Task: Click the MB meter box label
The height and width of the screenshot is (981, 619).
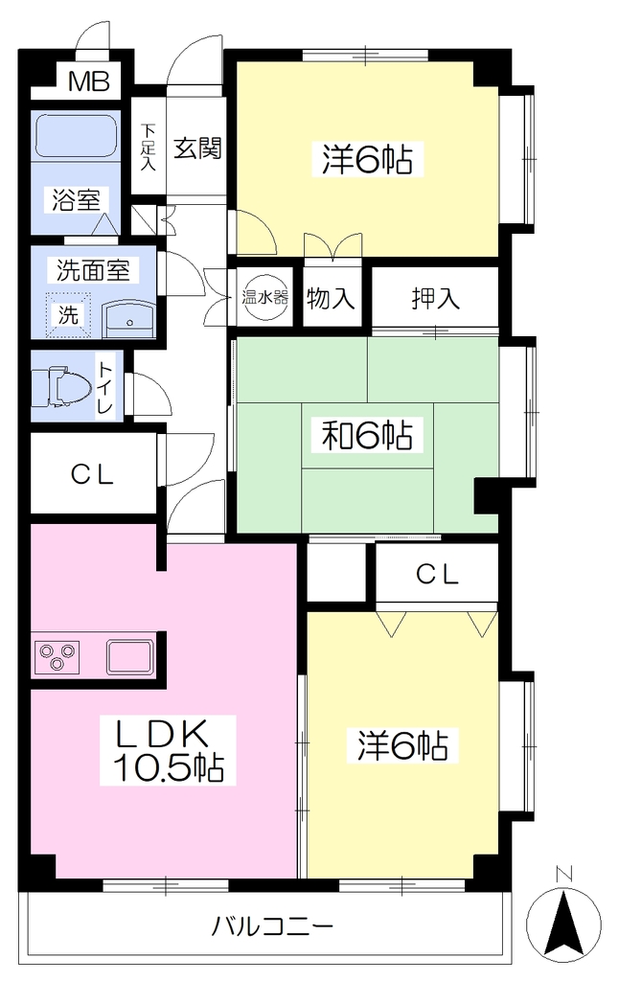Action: tap(89, 81)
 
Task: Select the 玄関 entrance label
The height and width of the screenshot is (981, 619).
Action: tap(197, 148)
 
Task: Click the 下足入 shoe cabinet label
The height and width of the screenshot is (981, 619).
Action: tap(149, 148)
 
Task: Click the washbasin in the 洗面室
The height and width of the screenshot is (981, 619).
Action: tap(129, 320)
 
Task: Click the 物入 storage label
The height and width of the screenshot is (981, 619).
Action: tap(332, 298)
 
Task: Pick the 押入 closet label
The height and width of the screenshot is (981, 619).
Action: tap(436, 298)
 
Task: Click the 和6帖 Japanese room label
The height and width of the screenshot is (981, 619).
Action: tap(367, 436)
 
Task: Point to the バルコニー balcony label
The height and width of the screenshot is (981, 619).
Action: tap(271, 924)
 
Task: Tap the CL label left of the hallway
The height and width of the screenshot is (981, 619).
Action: tap(92, 475)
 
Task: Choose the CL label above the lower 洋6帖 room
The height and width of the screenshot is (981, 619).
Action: tap(438, 573)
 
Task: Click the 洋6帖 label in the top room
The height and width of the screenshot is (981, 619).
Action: tap(368, 159)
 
